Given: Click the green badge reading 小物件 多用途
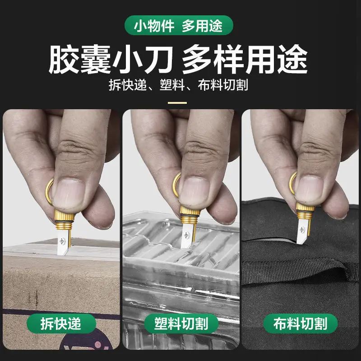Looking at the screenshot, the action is (x=179, y=25).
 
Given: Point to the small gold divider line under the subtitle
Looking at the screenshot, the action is (x=177, y=103).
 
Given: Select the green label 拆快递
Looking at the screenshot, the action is (x=61, y=323).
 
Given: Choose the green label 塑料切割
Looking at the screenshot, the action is (x=181, y=323).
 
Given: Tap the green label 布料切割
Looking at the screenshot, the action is (x=300, y=323).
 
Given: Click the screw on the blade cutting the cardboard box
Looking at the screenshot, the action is (x=62, y=241).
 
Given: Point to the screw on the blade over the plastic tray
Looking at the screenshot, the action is (x=186, y=235).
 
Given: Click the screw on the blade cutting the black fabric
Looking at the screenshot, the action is (x=302, y=229).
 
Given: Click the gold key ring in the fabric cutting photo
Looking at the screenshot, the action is (x=292, y=184).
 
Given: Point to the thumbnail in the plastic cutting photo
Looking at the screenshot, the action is (x=194, y=191).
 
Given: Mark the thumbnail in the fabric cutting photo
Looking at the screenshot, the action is (x=310, y=188).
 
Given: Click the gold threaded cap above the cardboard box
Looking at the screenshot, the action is (x=64, y=220).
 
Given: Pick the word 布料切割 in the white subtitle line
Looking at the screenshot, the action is (x=223, y=85).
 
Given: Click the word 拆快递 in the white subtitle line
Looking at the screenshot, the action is (x=128, y=85).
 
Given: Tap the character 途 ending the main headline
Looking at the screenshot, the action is (x=292, y=59).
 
